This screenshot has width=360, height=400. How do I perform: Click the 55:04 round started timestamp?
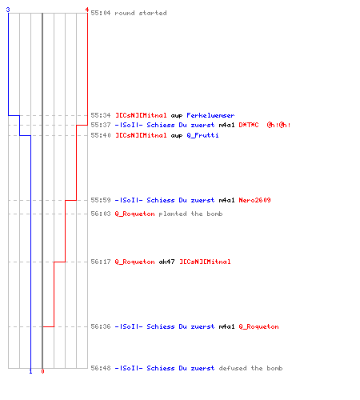[101, 13]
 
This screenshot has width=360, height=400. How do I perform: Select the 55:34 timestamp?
[101, 115]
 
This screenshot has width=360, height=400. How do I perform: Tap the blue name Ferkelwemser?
[210, 115]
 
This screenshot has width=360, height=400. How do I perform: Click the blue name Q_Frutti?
[202, 135]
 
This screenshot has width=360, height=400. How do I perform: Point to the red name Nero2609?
[254, 200]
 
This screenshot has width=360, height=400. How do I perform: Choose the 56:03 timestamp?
[101, 214]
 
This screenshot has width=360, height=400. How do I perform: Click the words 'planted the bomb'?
[190, 214]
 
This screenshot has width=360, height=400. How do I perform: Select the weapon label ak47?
[166, 262]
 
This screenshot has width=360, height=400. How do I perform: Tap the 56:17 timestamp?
[101, 262]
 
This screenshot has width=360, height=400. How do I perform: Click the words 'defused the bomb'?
[250, 368]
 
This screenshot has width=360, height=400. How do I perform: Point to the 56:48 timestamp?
[101, 368]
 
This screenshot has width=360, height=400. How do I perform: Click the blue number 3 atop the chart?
[8, 10]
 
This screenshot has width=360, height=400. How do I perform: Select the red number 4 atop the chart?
[87, 10]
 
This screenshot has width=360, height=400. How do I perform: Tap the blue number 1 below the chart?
[30, 371]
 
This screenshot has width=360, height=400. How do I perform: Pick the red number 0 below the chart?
[42, 371]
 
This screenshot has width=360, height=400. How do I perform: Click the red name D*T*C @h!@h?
[265, 125]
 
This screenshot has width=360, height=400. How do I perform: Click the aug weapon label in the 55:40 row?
[177, 136]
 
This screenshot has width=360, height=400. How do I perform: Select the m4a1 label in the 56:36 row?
[226, 326]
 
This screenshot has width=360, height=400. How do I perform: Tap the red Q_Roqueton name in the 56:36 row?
[258, 326]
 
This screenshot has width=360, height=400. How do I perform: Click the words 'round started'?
[141, 13]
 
